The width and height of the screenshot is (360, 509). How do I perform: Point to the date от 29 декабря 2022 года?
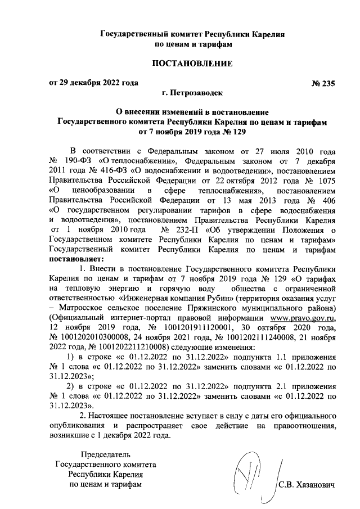coord(93,84)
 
